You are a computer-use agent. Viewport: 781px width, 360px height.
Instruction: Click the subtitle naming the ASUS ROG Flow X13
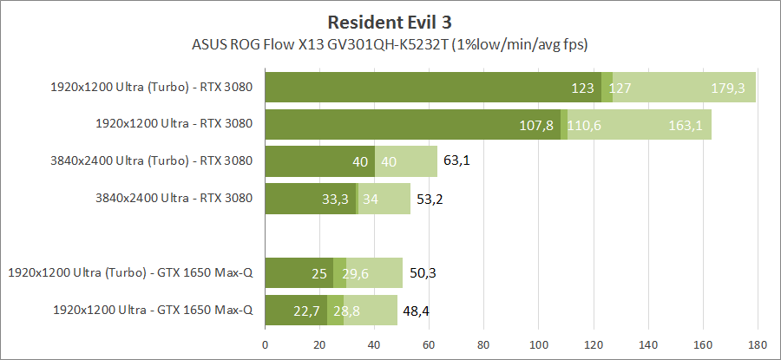tap(390, 43)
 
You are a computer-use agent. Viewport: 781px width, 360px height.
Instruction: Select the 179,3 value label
tap(728, 88)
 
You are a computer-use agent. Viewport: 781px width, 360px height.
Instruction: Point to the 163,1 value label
tap(686, 125)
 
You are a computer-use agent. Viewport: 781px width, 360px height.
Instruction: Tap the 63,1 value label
tap(456, 161)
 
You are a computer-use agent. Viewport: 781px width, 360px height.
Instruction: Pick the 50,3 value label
tap(422, 273)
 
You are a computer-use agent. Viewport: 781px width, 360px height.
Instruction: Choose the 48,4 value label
tap(416, 311)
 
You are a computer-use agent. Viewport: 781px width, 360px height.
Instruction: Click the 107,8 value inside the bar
tap(536, 125)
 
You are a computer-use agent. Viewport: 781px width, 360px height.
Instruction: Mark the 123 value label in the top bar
tap(582, 88)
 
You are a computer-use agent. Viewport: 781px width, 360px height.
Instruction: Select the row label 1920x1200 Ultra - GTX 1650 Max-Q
tap(153, 310)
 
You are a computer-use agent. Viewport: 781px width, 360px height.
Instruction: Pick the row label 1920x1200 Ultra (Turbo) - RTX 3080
tap(152, 87)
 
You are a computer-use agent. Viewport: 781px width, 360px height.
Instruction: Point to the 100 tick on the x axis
tap(539, 344)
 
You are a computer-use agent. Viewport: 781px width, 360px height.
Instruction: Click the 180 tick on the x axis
tap(758, 344)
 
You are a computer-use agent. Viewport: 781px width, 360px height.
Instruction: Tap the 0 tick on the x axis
tap(266, 344)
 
